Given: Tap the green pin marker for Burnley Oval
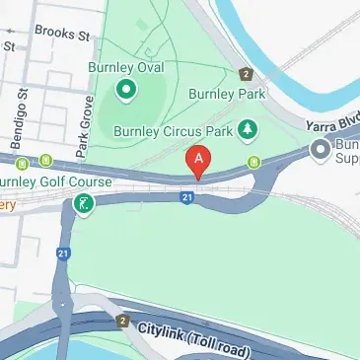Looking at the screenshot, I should point(125,92).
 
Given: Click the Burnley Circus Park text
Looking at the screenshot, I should point(174,129).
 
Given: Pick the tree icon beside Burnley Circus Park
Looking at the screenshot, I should point(249,128).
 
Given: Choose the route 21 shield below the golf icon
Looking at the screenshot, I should point(63,253).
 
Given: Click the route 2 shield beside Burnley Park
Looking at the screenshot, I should point(246,74).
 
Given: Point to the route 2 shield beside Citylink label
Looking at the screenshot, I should point(122,321).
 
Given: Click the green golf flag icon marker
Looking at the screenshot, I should point(84,205).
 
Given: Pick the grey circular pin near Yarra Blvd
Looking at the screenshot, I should point(320,150).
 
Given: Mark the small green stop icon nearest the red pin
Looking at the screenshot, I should point(254,162).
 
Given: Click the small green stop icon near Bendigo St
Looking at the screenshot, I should point(45,162).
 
